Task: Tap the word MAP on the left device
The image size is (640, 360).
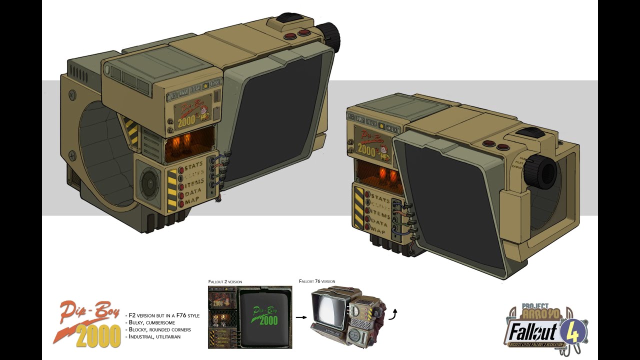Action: coord(193,202)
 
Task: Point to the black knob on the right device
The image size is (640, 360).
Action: coord(542,169)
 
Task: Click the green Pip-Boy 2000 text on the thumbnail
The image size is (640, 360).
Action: coord(264,314)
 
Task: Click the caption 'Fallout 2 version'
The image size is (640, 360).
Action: coord(225,282)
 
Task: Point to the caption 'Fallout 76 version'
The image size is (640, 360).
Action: coord(317,281)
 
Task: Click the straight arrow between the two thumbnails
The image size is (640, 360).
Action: coord(300,317)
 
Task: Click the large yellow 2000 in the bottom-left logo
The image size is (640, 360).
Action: coord(98,335)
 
